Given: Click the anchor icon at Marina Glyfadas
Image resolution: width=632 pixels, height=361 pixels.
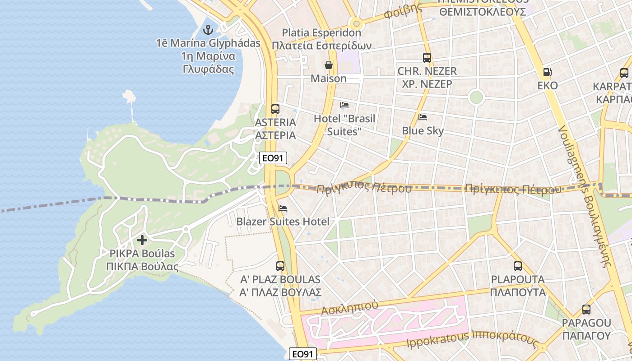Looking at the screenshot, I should click(208, 30).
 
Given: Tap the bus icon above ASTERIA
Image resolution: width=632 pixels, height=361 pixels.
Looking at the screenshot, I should click(275, 109).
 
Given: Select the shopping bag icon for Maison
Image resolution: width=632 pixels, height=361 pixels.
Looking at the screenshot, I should click(329, 65).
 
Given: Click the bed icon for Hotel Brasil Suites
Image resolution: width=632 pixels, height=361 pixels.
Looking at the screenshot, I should click(344, 105).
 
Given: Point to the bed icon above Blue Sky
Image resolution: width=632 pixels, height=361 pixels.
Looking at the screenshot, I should click(423, 117).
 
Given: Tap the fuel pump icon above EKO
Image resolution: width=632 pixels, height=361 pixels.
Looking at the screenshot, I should click(547, 72).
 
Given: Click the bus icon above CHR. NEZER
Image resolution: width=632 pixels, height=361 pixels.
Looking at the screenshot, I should click(427, 57).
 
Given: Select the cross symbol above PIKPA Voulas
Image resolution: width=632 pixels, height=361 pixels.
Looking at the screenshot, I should click(142, 240).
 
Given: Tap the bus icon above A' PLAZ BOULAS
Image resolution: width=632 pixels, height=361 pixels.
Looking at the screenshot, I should click(280, 266).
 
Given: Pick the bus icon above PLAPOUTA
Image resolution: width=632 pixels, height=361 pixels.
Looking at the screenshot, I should click(518, 266).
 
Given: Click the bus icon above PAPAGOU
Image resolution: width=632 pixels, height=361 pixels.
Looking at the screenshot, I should click(586, 310).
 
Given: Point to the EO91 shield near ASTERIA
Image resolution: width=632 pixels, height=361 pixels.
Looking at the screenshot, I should click(274, 157).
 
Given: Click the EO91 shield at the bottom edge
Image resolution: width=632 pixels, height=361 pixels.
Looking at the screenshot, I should click(303, 354).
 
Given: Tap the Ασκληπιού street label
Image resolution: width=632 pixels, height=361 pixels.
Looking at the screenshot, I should click(349, 308).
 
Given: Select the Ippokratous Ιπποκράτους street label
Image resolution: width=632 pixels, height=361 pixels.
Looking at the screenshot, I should click(472, 340).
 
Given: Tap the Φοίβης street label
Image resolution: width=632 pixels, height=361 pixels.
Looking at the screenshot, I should click(400, 13).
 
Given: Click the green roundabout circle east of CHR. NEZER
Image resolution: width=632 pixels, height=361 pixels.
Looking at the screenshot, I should click(476, 97).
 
